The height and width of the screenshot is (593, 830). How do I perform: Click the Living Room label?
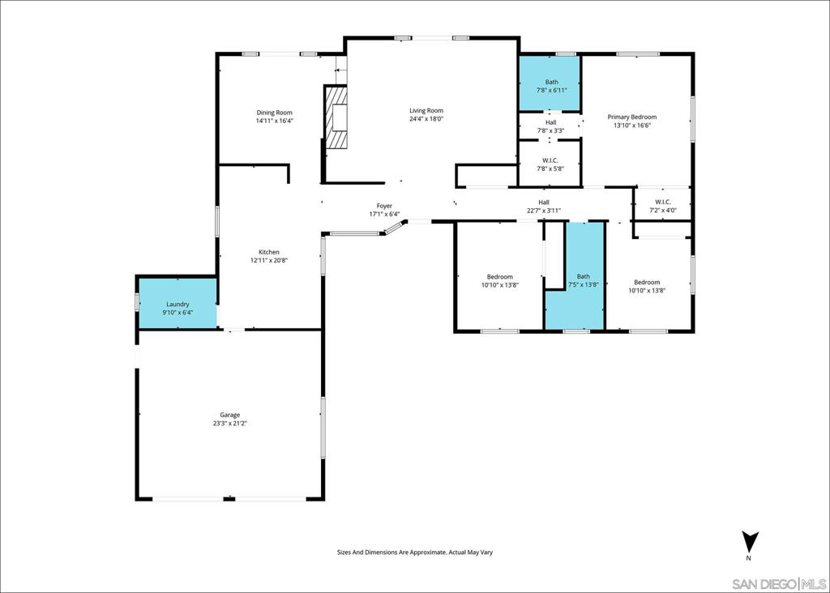(x=426, y=110)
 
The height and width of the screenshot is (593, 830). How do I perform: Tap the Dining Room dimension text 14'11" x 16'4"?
(x=274, y=121)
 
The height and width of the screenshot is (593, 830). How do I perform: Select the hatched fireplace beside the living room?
(x=336, y=117)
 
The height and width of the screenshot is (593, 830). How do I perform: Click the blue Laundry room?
(x=178, y=303)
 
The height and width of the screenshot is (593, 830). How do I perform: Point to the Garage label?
(x=229, y=416)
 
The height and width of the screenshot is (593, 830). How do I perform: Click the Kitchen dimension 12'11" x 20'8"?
(x=269, y=260)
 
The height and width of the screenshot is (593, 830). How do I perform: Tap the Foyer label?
(x=384, y=206)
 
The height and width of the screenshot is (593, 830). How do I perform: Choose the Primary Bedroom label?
(x=632, y=117)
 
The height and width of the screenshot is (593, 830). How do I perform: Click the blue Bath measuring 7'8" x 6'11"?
(x=550, y=83)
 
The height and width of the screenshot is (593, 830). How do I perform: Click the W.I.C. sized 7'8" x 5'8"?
(x=550, y=164)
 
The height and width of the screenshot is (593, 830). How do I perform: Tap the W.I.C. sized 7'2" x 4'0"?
(x=663, y=206)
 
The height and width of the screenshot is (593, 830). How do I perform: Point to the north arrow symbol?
(x=751, y=542)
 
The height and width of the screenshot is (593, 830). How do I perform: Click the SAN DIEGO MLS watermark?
(x=779, y=584)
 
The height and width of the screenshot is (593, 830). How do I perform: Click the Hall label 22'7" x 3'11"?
(x=544, y=207)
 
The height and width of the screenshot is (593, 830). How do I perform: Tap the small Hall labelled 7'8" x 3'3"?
(x=550, y=126)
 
